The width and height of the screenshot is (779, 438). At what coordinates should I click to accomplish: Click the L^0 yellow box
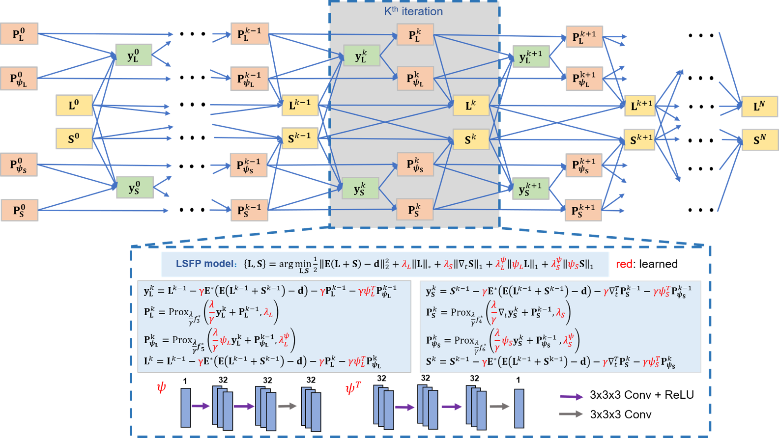click(74, 106)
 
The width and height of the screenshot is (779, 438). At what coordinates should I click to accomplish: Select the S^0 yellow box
click(74, 138)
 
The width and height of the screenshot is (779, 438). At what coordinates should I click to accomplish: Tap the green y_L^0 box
click(133, 55)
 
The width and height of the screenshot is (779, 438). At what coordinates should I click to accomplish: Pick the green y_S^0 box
click(134, 188)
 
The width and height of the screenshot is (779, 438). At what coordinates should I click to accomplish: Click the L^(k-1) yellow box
click(300, 105)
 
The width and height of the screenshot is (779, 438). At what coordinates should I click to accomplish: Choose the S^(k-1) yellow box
click(299, 138)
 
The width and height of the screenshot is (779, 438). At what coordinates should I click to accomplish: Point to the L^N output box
click(759, 106)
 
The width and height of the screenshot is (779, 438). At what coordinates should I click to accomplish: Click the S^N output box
click(759, 140)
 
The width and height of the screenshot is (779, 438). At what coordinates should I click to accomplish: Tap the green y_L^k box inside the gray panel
click(361, 56)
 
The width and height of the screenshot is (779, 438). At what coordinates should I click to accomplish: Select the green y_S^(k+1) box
click(530, 189)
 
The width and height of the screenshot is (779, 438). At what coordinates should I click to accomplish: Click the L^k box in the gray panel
click(470, 105)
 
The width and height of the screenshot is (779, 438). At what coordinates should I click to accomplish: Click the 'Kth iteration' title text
click(413, 11)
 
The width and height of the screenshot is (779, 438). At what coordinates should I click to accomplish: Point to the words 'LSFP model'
click(205, 264)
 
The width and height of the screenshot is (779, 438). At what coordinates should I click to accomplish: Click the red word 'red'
click(624, 264)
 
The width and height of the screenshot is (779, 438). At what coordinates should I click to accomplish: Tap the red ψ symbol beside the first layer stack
click(161, 387)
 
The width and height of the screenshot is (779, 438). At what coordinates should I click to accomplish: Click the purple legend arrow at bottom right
click(571, 397)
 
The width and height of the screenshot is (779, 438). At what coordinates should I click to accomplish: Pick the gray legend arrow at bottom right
click(571, 414)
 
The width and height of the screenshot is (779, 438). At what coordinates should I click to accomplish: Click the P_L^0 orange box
click(19, 34)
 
